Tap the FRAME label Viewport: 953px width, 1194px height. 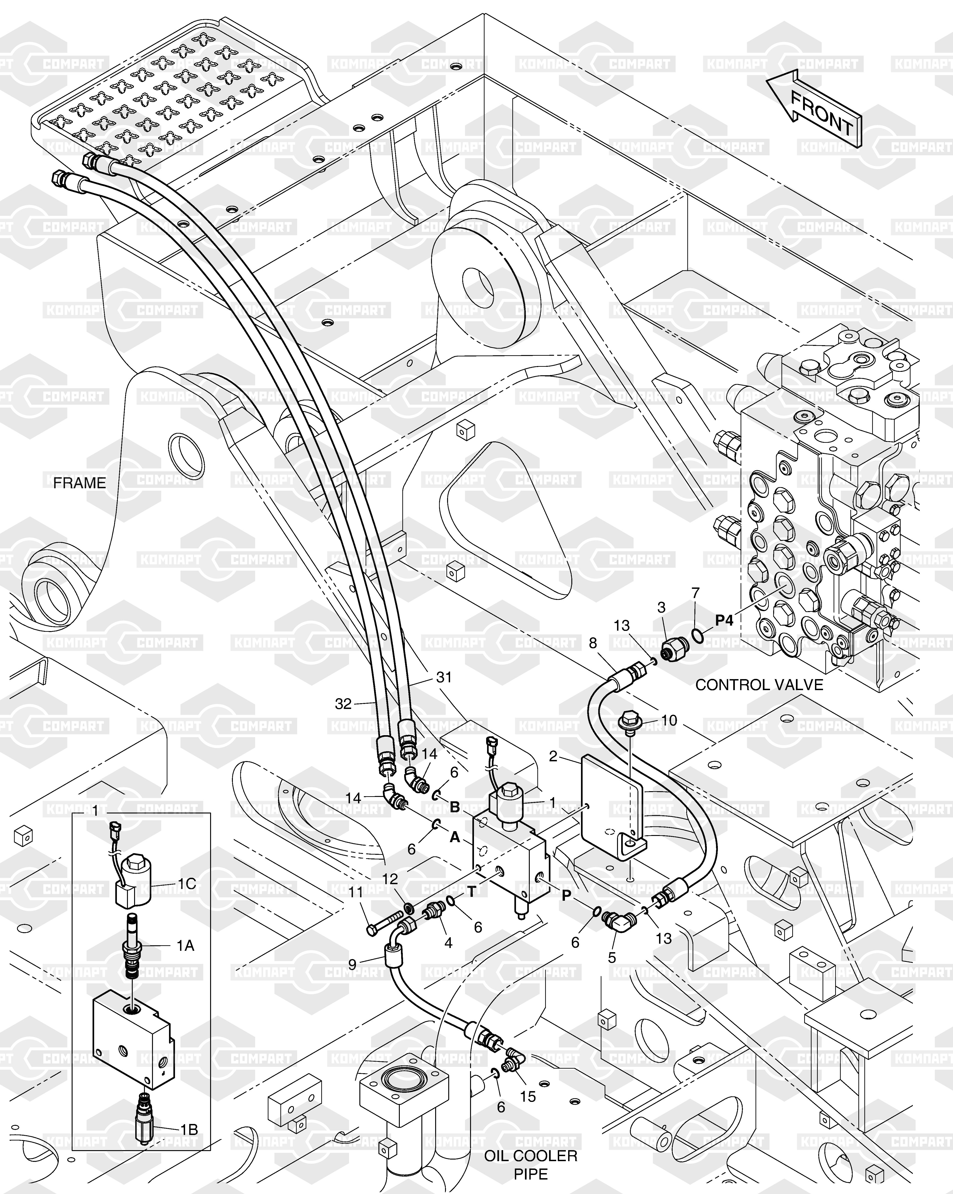79,483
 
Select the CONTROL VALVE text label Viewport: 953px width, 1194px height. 759,685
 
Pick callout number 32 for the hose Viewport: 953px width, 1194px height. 343,703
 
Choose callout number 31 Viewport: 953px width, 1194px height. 444,677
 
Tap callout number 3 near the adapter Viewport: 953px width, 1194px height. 661,607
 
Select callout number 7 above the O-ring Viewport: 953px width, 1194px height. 696,593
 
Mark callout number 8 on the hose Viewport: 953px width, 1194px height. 593,643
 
